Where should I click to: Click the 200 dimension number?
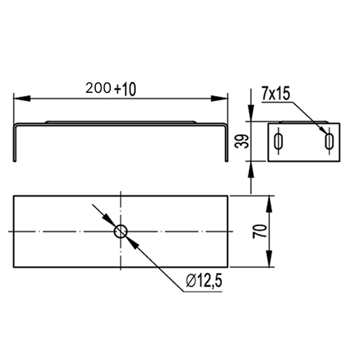point(98,88)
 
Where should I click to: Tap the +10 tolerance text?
point(125,89)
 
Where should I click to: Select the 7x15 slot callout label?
point(276,94)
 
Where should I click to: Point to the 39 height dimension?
point(242,141)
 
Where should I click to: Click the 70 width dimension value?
point(260,231)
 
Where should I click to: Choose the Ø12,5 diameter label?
point(204,281)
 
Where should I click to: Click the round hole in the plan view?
point(121,231)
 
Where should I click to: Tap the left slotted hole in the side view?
point(279,142)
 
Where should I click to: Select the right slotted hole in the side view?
point(329,142)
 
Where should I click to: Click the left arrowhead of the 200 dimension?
point(22,99)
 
